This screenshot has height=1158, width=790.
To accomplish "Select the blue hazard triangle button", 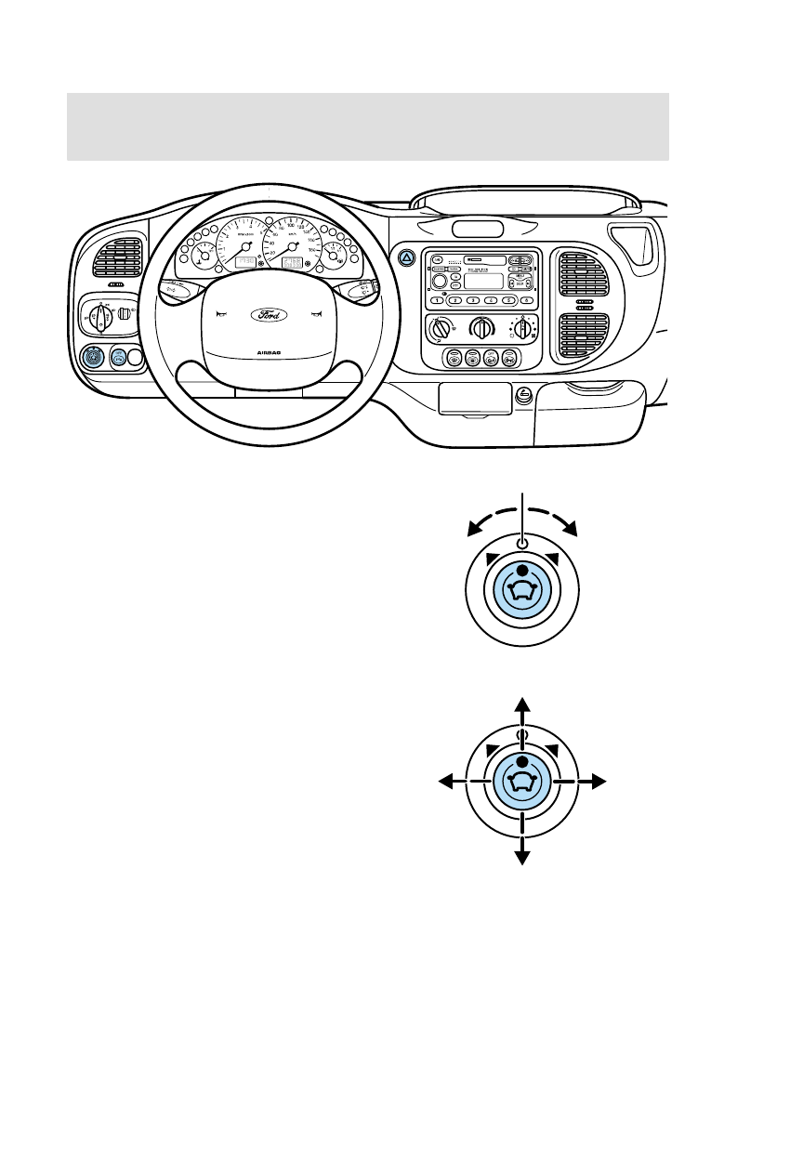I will click(406, 258).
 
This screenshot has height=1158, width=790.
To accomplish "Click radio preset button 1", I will click(436, 301).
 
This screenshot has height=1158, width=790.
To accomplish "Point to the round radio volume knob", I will click(440, 279).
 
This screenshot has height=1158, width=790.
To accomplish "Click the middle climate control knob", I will click(481, 327).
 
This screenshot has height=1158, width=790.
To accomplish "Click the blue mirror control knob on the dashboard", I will click(94, 356).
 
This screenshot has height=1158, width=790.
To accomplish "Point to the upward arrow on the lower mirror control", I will click(522, 704).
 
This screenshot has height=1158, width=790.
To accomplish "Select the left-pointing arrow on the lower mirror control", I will click(447, 783).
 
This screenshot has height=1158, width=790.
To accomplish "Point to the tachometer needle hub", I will click(244, 248).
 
